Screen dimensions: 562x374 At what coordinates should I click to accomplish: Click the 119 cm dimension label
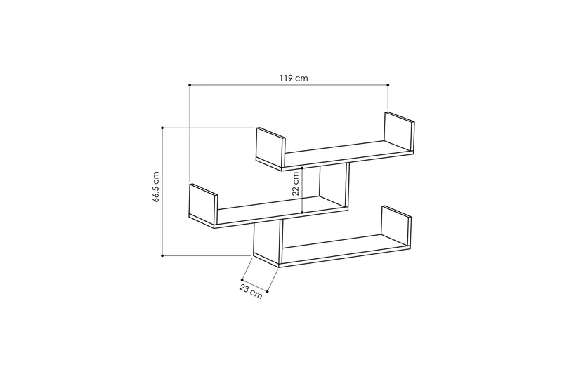[294, 78]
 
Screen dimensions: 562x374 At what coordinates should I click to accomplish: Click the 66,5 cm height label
[155, 187]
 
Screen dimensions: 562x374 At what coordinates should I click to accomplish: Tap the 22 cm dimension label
[295, 184]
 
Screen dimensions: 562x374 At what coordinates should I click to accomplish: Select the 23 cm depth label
[251, 291]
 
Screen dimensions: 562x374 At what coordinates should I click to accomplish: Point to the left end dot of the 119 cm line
[190, 85]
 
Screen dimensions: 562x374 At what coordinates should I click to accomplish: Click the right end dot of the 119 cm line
[388, 85]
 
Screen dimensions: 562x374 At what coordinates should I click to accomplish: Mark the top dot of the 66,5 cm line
[162, 128]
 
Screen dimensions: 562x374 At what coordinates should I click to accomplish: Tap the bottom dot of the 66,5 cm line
[162, 255]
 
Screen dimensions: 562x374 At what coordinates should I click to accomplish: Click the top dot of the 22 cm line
[302, 168]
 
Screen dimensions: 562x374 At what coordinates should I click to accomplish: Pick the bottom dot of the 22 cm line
[302, 213]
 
